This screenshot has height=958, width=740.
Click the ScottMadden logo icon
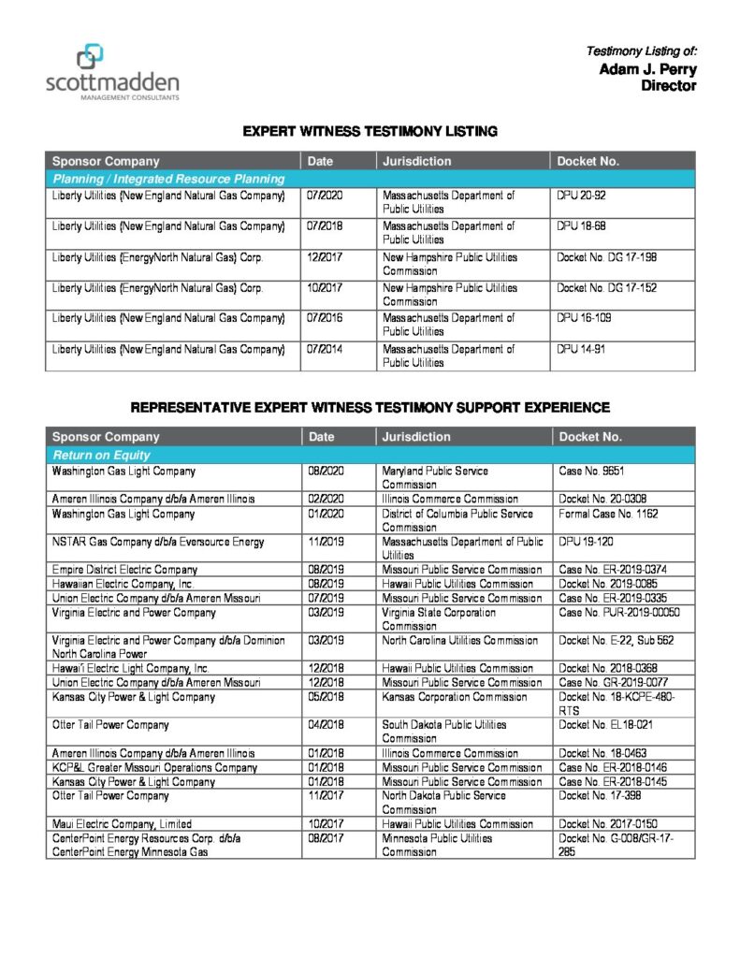(x=90, y=57)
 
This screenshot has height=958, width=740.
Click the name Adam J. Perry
(x=647, y=69)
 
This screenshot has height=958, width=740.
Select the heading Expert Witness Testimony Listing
(x=370, y=132)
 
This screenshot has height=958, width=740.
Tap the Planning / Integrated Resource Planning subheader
(x=168, y=178)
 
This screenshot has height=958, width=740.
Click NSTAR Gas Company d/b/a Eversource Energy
(x=158, y=542)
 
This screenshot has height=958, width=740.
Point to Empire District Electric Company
(x=124, y=570)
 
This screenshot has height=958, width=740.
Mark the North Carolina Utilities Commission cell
(x=459, y=641)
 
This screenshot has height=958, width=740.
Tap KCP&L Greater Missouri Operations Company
(x=154, y=767)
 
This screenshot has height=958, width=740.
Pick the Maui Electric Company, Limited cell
(x=123, y=824)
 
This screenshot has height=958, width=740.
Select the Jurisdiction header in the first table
(x=416, y=161)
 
